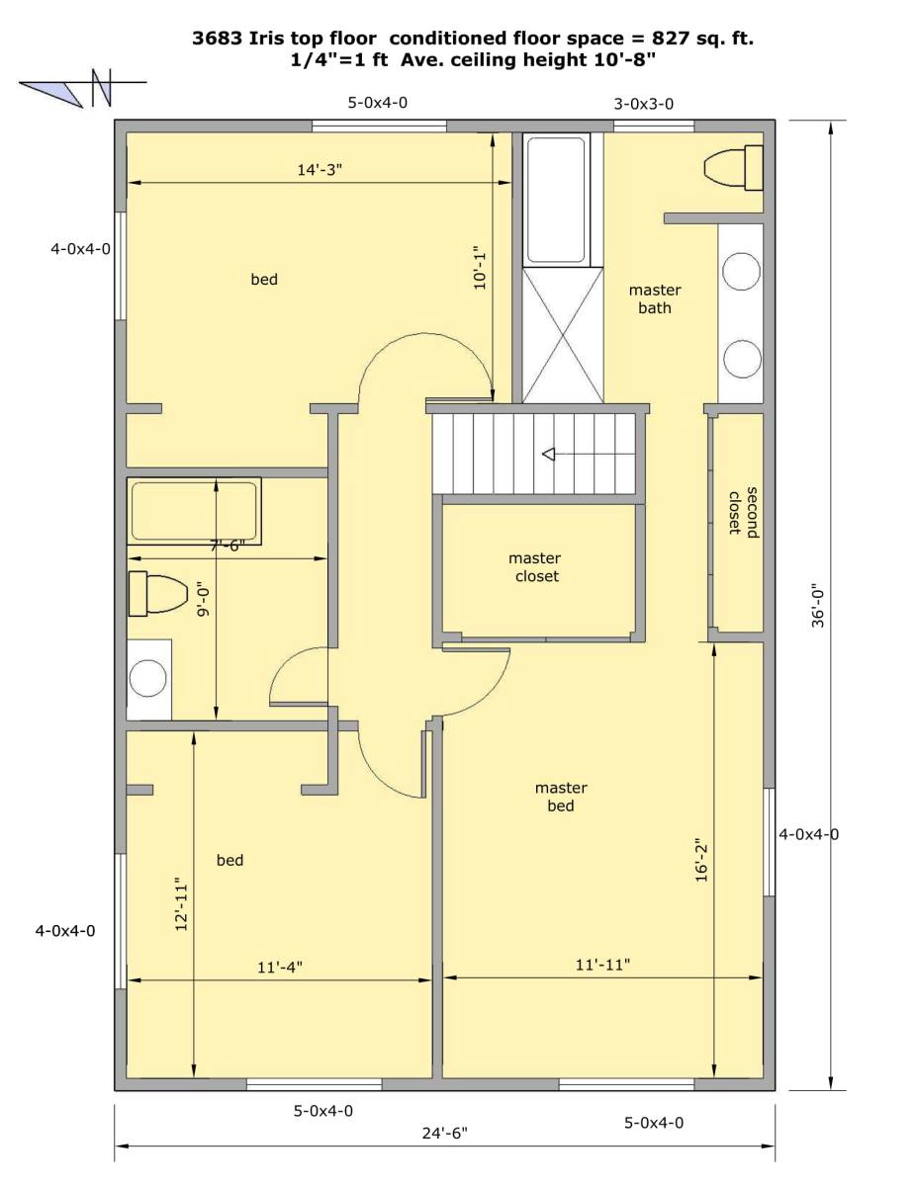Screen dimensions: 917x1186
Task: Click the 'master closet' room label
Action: point(534,567)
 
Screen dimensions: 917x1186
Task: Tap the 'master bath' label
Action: point(654,299)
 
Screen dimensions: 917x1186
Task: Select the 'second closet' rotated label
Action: point(744,512)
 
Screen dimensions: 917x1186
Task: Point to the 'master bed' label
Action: point(561,797)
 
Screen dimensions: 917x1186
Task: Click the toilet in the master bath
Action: point(733,167)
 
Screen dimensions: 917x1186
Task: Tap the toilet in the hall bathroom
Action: point(158,594)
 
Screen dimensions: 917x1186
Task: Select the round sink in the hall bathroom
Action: point(147,678)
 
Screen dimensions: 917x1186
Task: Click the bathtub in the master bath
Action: point(556,200)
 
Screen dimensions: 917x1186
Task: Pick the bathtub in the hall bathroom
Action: point(194,511)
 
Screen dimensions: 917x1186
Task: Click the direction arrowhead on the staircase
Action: point(548,454)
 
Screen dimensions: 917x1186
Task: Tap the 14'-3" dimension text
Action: point(320,170)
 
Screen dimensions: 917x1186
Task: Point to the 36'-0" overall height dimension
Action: point(818,608)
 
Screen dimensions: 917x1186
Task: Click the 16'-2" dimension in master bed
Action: point(701,862)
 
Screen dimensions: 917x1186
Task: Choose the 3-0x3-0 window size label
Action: point(643,104)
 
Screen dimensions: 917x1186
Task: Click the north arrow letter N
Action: point(101,88)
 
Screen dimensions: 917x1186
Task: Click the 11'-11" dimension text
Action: point(602,965)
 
